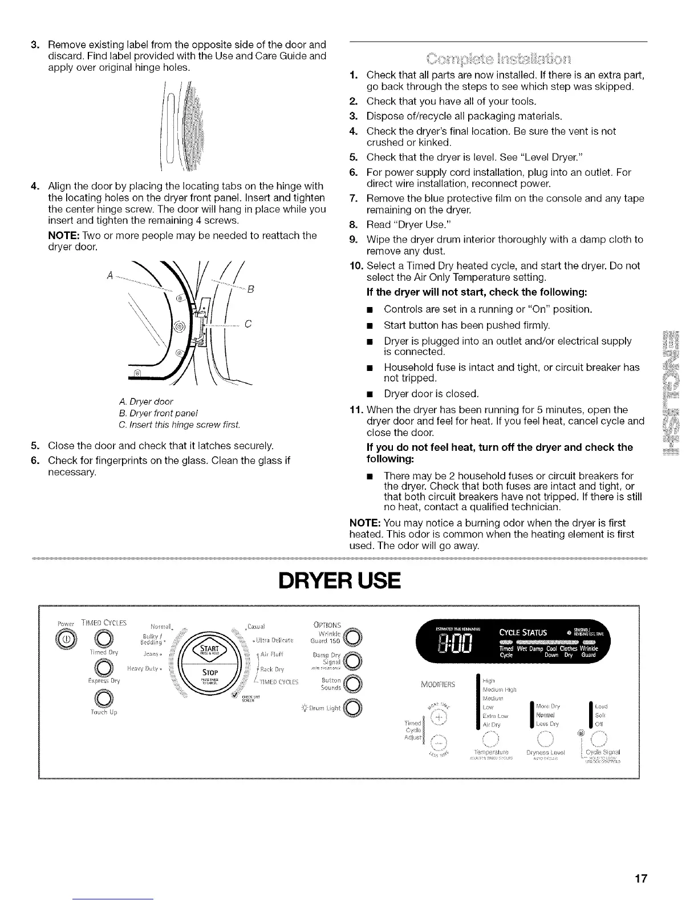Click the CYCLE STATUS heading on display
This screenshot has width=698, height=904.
click(523, 632)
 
